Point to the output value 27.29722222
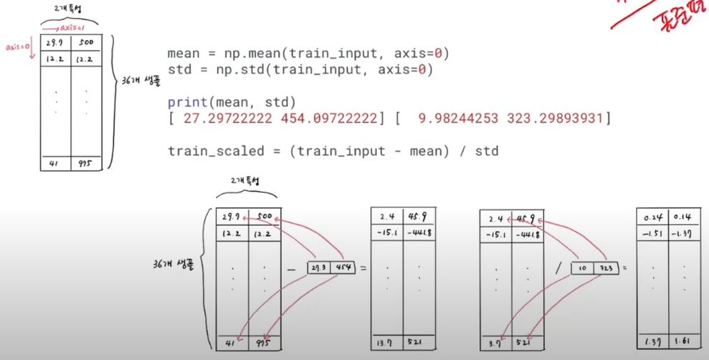228,118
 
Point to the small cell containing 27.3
318,267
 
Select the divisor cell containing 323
605,268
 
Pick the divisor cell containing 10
581,268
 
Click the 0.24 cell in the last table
652,217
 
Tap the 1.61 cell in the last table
683,342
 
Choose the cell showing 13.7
386,343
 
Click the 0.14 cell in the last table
682,217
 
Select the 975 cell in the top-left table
87,163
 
